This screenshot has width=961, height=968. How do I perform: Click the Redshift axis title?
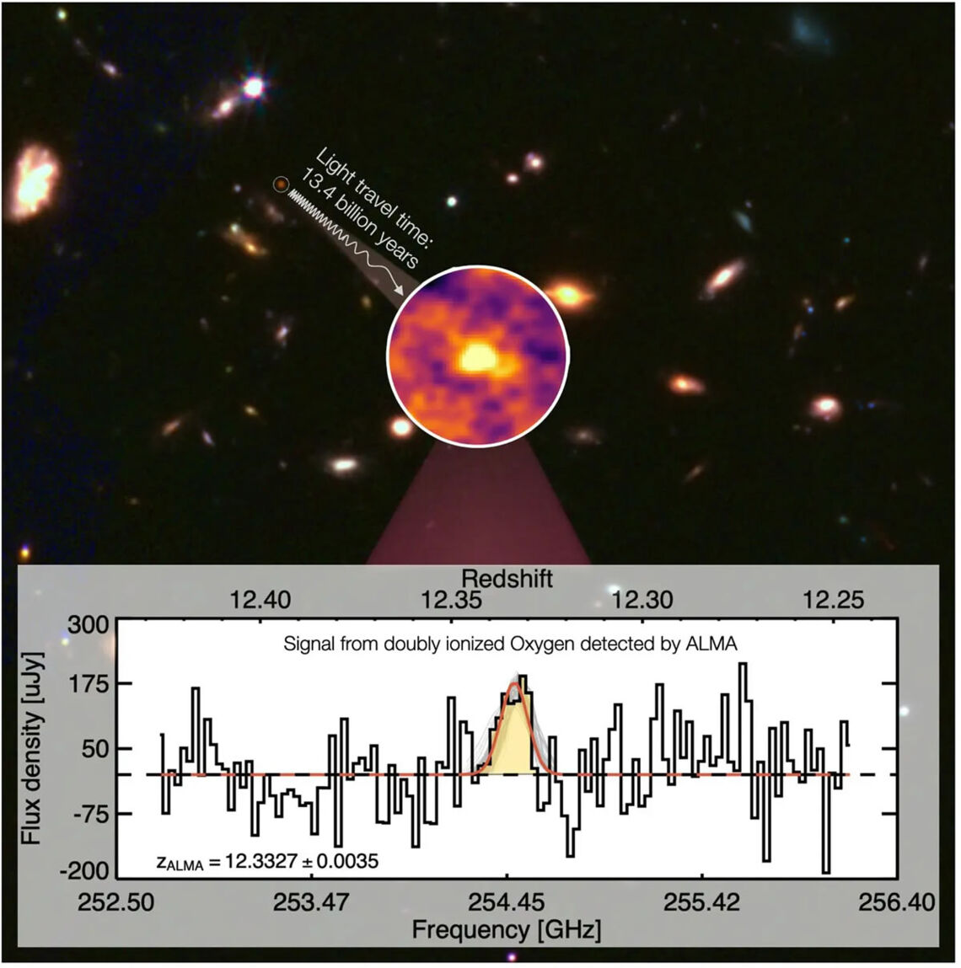[x=507, y=579]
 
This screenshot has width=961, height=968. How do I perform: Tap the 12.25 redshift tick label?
[x=834, y=601]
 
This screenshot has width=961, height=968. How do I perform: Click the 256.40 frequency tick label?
[x=897, y=902]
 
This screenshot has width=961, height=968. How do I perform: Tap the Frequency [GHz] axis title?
[x=506, y=930]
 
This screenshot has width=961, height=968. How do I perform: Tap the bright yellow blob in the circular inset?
[x=479, y=358]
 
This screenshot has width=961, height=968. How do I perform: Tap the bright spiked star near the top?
[x=252, y=87]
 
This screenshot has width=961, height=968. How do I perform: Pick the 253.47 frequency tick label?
[x=311, y=902]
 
